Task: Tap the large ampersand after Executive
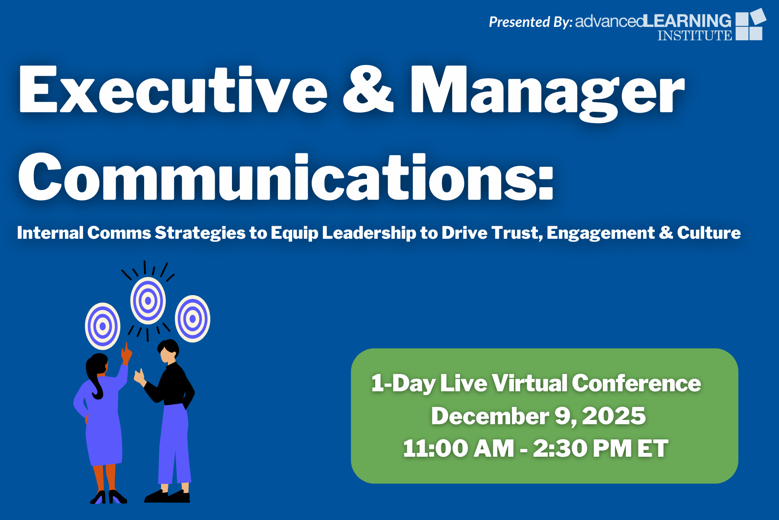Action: pos(368,90)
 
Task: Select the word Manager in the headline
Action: pos(547,93)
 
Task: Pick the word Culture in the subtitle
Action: pos(709,233)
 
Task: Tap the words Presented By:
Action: pos(531,22)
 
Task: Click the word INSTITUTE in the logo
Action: pos(695,35)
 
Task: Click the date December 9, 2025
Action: pos(538,416)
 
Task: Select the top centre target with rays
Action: pos(148,300)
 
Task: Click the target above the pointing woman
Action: pos(103,326)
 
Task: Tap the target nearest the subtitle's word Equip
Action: pos(193,319)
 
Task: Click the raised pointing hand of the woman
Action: pos(126,354)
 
